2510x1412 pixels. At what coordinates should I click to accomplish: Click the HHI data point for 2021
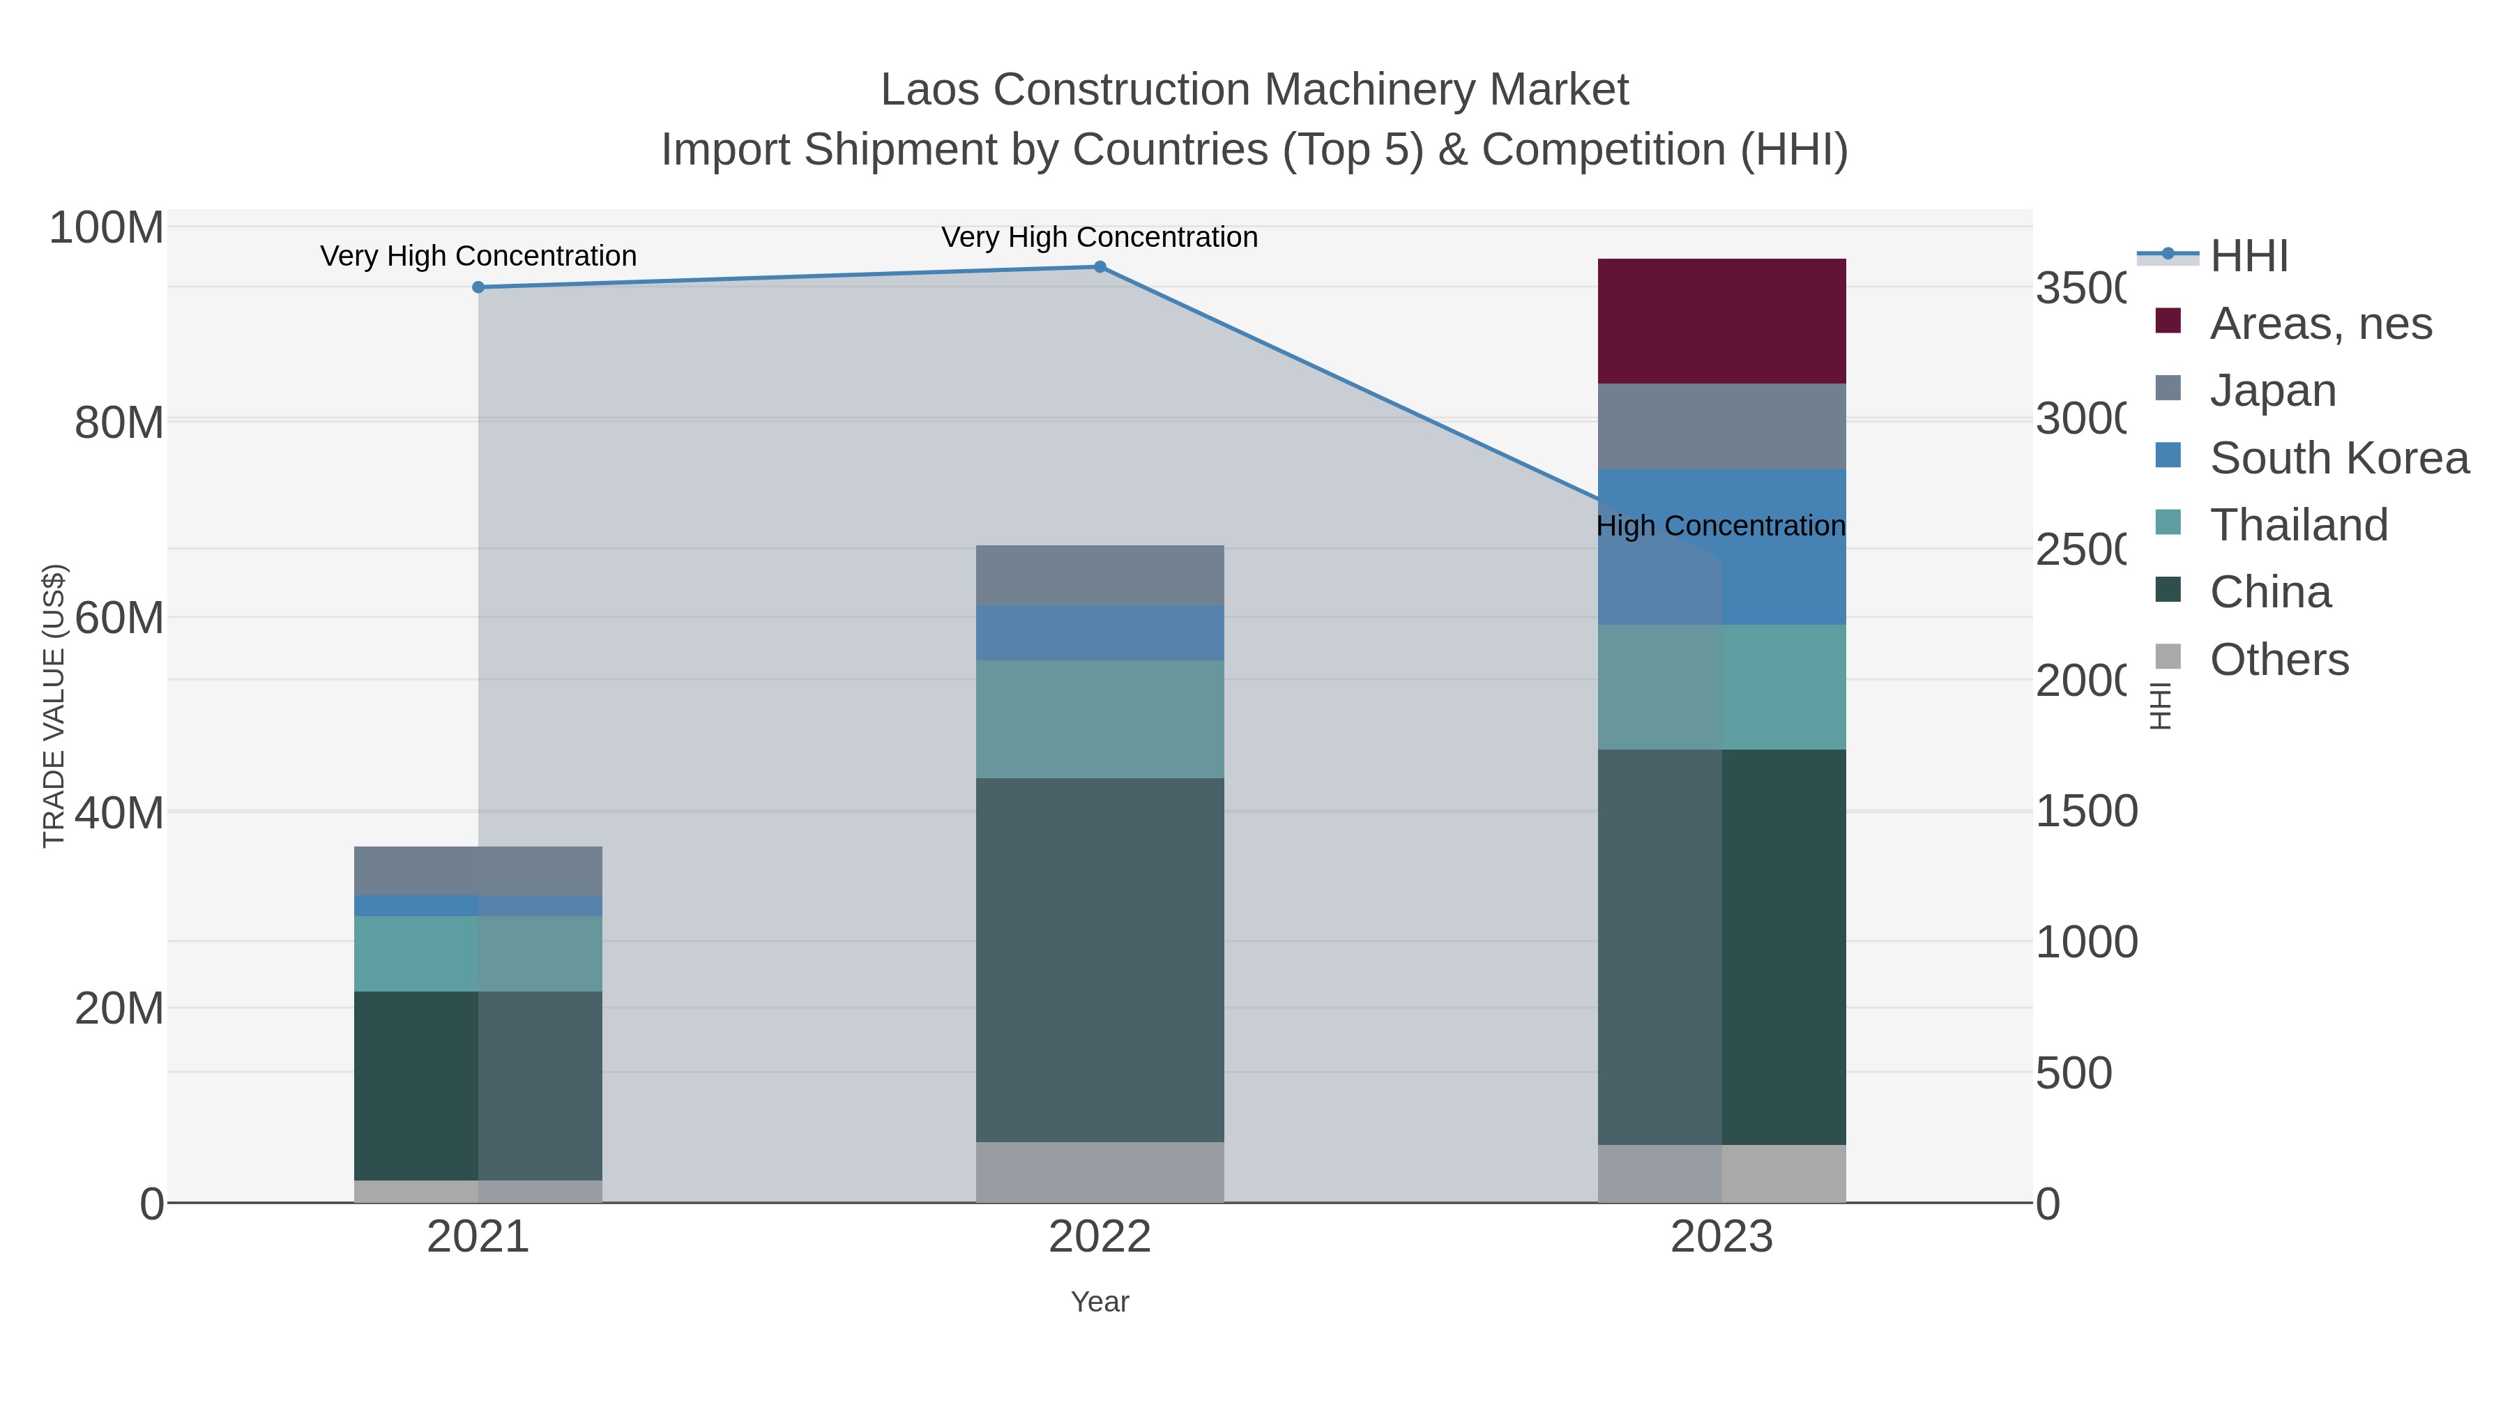pos(478,287)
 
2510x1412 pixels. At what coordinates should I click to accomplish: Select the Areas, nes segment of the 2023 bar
pos(1721,321)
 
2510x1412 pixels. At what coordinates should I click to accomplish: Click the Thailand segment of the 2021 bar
pos(478,954)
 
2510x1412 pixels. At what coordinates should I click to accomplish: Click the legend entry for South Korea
pos(2338,458)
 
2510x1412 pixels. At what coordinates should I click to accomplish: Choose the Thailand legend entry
pos(2297,525)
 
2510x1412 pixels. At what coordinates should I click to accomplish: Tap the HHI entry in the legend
pos(2248,257)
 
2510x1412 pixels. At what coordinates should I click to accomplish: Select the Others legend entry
pos(2278,660)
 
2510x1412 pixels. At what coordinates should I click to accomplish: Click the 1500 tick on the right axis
pos(2086,812)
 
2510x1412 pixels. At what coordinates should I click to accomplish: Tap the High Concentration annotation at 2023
pos(1721,526)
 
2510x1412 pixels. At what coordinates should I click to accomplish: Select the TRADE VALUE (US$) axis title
pos(54,706)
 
